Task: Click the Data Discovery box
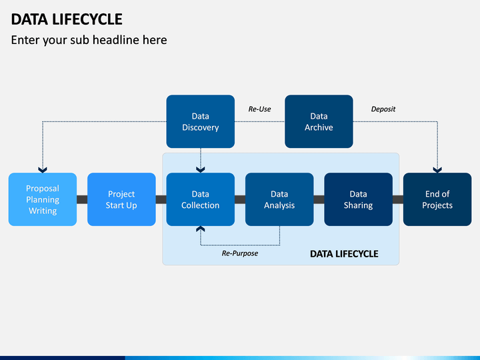coord(201,121)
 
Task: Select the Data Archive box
coord(319,121)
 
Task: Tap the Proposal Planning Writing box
coord(43,199)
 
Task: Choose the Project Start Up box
coord(121,199)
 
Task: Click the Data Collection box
coord(201,199)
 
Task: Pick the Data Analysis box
coord(279,199)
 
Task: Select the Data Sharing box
coord(359,199)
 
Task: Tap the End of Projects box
coord(437,199)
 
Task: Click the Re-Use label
coord(259,109)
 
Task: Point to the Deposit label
coord(383,109)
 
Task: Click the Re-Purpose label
coord(240,253)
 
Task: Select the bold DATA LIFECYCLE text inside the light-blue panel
coord(344,254)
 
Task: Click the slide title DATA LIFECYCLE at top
coord(67,19)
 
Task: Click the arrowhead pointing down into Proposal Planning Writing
coord(43,170)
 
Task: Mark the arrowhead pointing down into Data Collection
coord(201,170)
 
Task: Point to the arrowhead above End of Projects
coord(437,170)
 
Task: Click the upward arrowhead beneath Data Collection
coord(201,229)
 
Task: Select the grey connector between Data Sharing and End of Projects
coord(398,199)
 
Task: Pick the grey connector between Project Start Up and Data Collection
coord(161,199)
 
